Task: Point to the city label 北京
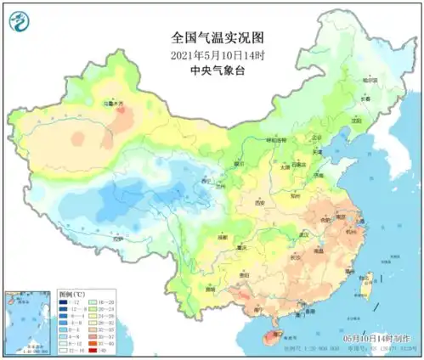tap(315, 138)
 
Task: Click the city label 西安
tap(261, 203)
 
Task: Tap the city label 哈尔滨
tap(367, 80)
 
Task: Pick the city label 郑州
tap(293, 194)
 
